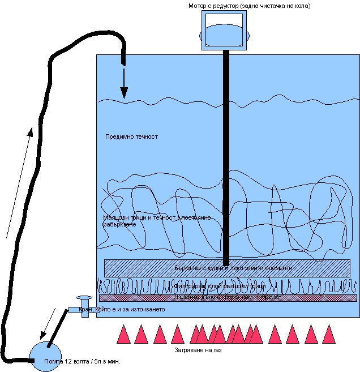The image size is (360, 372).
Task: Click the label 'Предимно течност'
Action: tap(132, 136)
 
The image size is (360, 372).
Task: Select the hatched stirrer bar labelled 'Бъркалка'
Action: tap(226, 267)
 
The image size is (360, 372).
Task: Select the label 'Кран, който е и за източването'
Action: tap(122, 310)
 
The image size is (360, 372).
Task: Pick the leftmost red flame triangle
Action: tap(123, 335)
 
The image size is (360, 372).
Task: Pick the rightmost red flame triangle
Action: tap(328, 335)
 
